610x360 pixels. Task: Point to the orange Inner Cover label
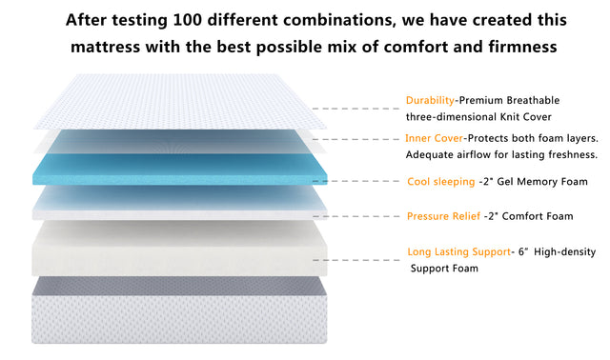435,138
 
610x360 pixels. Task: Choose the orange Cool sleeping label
440,181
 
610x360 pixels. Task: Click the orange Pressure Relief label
441,216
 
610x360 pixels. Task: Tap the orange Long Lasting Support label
456,252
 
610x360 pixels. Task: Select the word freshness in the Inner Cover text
569,154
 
